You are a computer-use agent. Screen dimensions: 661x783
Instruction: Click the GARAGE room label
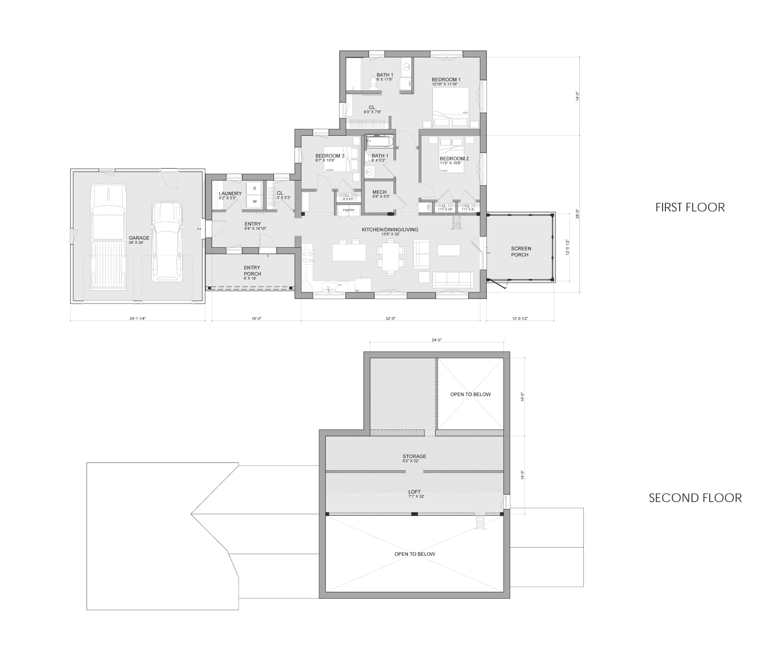coord(139,238)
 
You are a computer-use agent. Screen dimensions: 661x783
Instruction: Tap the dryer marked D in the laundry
coord(255,188)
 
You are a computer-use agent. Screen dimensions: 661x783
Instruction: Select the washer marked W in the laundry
coord(255,201)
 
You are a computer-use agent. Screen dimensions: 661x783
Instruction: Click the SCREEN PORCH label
coord(521,252)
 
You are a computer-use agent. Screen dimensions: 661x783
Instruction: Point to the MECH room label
coord(379,192)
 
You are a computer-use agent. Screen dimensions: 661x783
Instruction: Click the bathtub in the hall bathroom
coord(380,142)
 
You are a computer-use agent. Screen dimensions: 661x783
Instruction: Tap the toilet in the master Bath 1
coord(373,82)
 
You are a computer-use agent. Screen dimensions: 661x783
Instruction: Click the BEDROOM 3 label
coord(330,156)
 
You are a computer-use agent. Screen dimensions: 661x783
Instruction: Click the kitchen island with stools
coord(349,252)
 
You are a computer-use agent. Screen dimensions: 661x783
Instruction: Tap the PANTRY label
coord(348,210)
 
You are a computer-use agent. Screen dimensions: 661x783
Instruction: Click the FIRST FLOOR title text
coord(690,207)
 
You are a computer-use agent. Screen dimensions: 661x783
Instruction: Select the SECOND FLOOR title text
coord(695,498)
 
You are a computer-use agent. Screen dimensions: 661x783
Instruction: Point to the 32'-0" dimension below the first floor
coord(390,319)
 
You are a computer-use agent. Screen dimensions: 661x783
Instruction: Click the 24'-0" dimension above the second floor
coord(437,340)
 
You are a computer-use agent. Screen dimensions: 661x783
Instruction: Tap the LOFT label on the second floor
coord(414,492)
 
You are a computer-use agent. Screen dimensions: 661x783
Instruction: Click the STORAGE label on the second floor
coord(414,456)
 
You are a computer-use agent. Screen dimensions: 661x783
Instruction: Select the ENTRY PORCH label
coord(252,271)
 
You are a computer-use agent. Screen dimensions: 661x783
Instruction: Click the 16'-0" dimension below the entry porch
coord(256,319)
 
